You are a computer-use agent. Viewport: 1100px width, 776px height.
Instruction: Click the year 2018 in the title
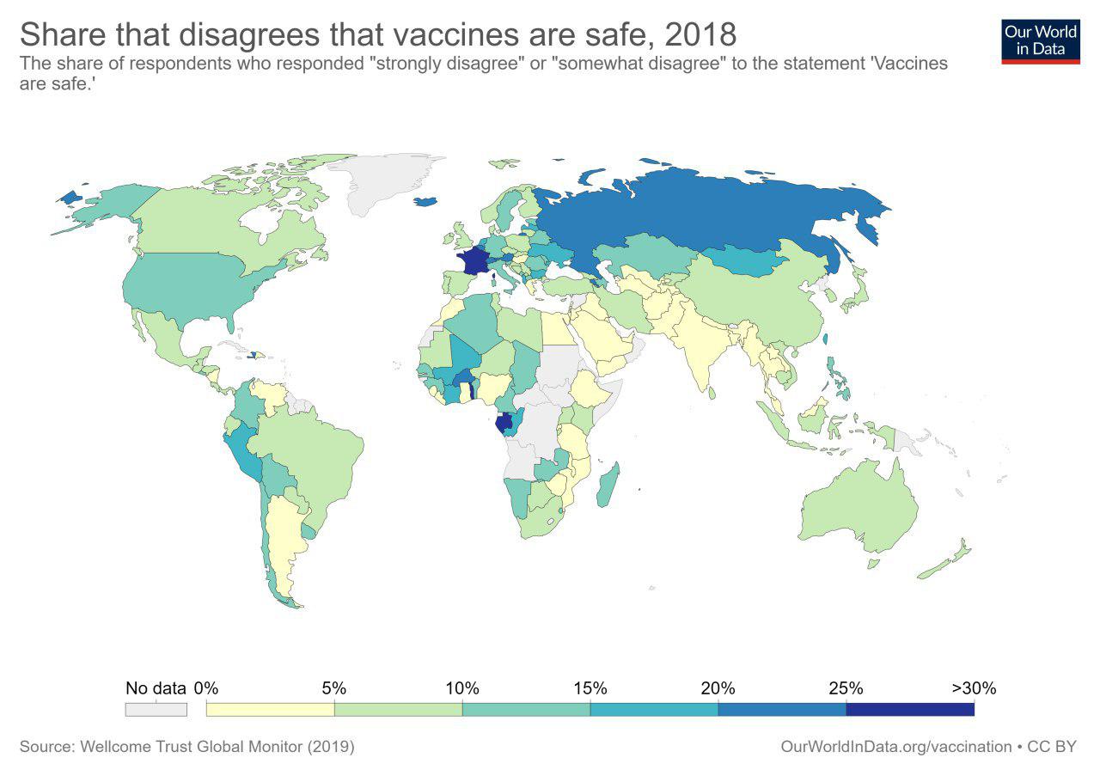coord(697,34)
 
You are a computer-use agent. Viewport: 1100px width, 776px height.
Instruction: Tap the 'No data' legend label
coord(156,687)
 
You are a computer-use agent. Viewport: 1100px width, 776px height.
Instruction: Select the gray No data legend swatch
coord(156,709)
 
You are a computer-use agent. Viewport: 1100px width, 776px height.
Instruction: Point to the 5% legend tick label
coord(333,687)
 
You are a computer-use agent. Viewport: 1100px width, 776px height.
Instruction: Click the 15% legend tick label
coord(590,687)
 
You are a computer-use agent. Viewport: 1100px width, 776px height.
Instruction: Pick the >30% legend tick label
coord(974,687)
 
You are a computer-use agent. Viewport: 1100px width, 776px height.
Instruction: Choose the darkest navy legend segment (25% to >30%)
coord(910,709)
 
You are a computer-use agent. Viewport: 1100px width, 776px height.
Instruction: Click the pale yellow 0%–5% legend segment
coord(270,709)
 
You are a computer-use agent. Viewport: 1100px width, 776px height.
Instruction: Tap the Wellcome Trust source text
coord(186,747)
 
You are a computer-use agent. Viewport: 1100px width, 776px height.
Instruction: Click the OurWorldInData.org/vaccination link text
coord(895,747)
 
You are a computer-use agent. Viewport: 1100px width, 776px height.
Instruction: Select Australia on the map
coord(859,507)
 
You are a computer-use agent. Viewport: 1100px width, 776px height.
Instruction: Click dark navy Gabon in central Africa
coord(505,424)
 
